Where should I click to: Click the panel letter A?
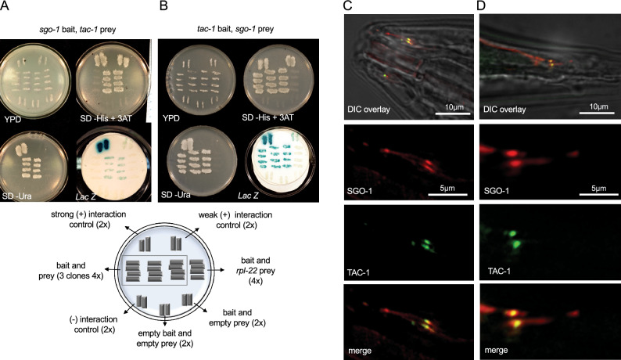pyautogui.click(x=5, y=5)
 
